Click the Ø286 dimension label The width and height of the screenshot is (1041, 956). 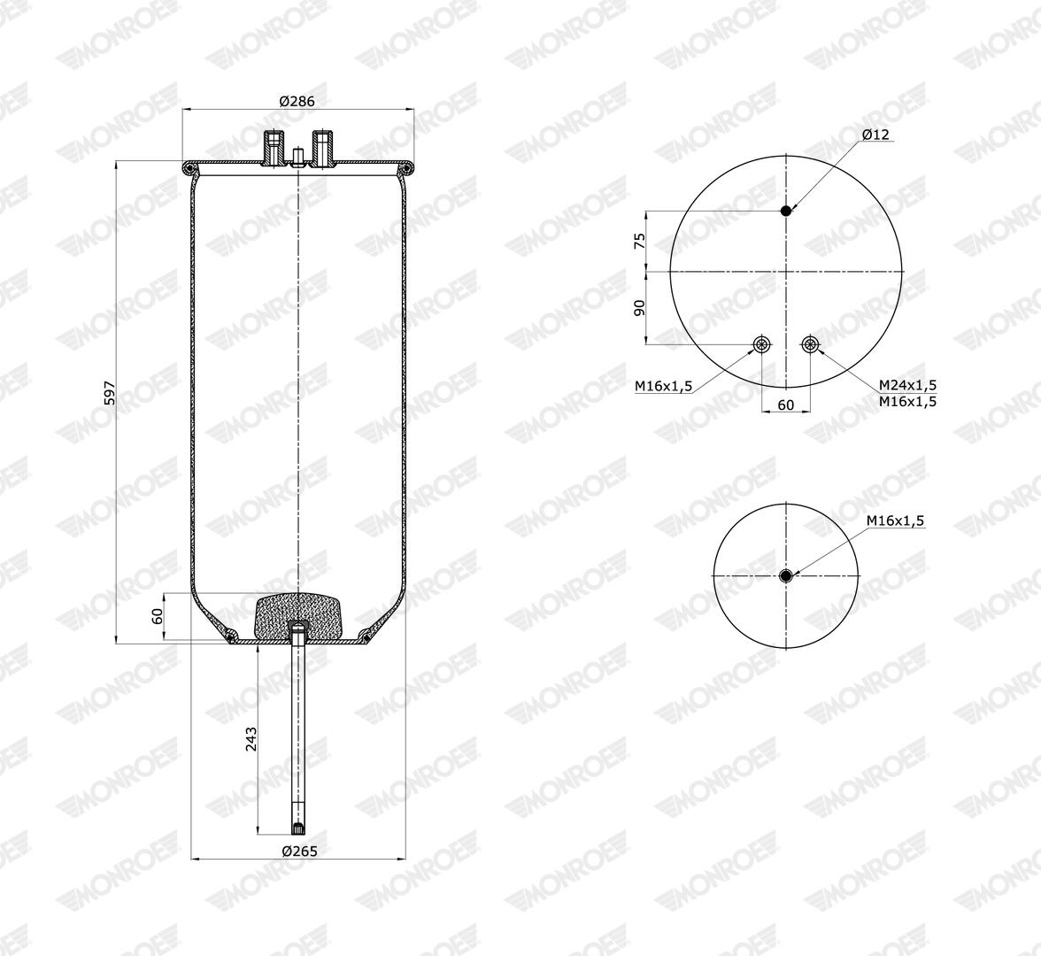(297, 101)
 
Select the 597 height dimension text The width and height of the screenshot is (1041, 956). (110, 393)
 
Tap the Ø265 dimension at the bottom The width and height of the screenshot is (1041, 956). (299, 851)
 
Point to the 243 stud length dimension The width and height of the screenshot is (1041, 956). (251, 739)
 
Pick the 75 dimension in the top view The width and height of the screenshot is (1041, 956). (640, 241)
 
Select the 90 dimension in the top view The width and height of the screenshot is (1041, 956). (640, 307)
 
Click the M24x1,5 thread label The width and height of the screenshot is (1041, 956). (907, 385)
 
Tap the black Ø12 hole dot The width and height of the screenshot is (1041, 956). (786, 211)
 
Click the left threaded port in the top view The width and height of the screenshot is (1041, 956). (761, 343)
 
